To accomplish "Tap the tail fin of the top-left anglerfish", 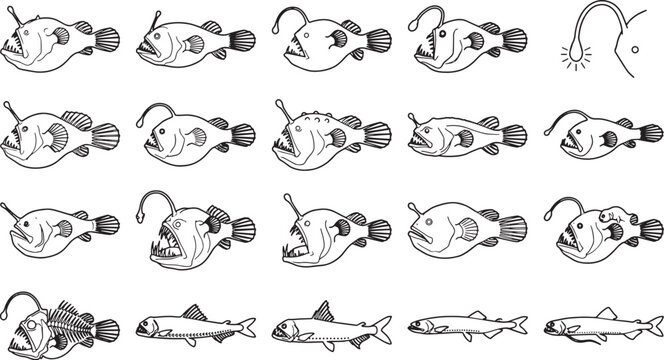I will [107, 41].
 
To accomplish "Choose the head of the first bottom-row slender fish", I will [146, 326].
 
